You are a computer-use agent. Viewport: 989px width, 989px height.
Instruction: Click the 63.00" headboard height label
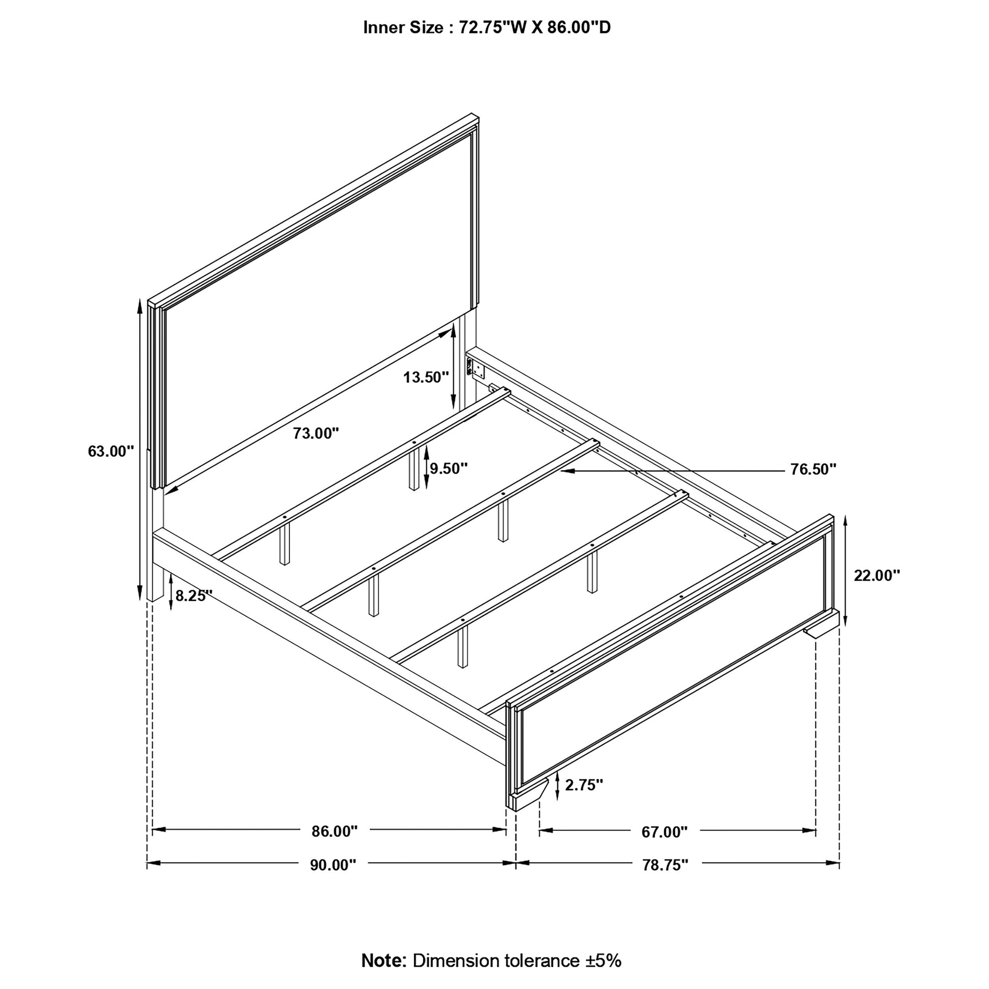(x=111, y=451)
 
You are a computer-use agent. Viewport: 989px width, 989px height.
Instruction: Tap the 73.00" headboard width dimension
(x=316, y=434)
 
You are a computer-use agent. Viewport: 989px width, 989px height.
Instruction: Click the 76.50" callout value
(x=813, y=470)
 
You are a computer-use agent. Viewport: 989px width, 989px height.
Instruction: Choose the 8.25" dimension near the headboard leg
(x=194, y=595)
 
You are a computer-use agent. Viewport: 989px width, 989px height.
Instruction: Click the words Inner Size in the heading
(x=404, y=28)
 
